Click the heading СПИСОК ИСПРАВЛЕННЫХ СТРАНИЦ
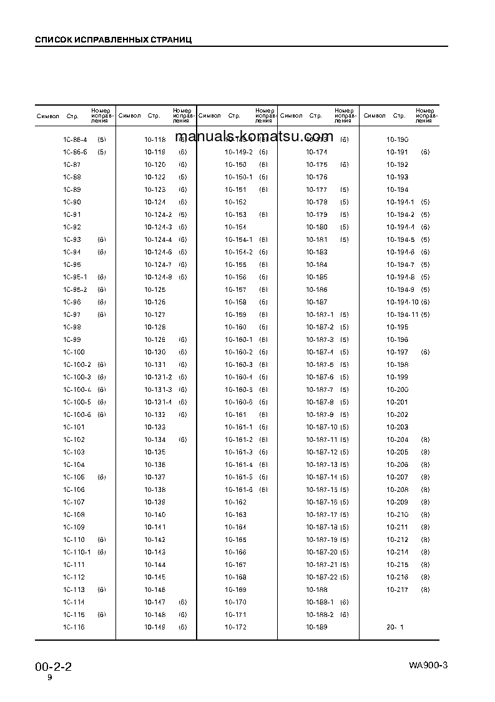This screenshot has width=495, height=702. [113, 39]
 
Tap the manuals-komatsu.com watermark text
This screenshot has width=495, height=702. [254, 137]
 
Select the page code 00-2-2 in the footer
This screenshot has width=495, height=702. [53, 666]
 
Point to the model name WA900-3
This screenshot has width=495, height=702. [428, 664]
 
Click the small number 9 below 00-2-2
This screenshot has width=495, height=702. [50, 678]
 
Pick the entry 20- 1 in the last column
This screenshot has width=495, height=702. [395, 627]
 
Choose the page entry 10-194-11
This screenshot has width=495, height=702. [403, 314]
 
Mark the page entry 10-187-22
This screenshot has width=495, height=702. [321, 577]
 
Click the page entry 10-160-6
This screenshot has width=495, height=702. [238, 402]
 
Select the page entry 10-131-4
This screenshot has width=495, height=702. [158, 402]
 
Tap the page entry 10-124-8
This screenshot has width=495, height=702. [158, 277]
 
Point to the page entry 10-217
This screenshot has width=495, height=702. [397, 589]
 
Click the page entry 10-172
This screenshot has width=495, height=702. [235, 627]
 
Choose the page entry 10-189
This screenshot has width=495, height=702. [316, 627]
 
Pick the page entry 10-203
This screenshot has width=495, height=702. [397, 427]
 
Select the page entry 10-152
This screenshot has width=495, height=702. [235, 202]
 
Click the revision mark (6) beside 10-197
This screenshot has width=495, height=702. [425, 352]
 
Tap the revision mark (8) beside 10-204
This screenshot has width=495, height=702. [425, 439]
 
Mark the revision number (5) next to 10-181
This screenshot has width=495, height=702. [344, 239]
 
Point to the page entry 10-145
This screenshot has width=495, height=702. [155, 577]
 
